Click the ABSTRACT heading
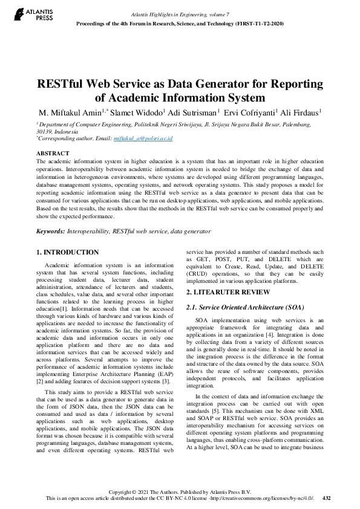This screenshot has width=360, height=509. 53,154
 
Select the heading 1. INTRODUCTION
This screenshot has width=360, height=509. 67,252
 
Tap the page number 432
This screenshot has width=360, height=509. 327,498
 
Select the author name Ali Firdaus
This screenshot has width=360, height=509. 299,112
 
